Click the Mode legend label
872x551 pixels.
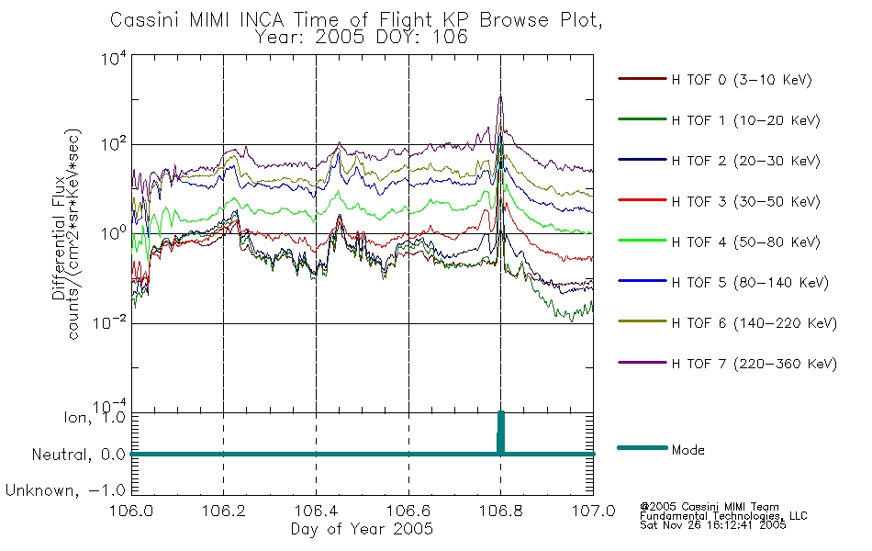pyautogui.click(x=688, y=450)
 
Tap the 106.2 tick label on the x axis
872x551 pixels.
pyautogui.click(x=224, y=511)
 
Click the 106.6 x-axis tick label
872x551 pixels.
pyautogui.click(x=408, y=511)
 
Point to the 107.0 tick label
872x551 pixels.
pyautogui.click(x=593, y=511)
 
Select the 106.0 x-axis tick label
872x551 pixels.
pyautogui.click(x=131, y=511)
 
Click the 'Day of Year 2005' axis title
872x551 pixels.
pyautogui.click(x=362, y=529)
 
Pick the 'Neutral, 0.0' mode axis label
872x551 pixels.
pyautogui.click(x=78, y=455)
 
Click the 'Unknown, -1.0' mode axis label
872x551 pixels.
pyautogui.click(x=65, y=490)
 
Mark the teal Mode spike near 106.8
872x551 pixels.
pyautogui.click(x=500, y=433)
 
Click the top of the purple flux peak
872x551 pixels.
pyautogui.click(x=500, y=96)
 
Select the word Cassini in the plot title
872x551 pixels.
pyautogui.click(x=146, y=20)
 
